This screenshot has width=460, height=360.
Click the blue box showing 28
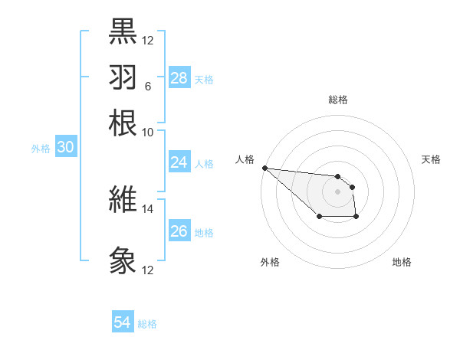pyautogui.click(x=179, y=77)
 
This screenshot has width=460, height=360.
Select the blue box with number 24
pyautogui.click(x=179, y=162)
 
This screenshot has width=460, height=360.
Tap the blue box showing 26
pyautogui.click(x=179, y=231)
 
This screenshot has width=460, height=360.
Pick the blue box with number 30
pyautogui.click(x=65, y=148)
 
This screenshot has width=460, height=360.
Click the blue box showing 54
pyautogui.click(x=123, y=322)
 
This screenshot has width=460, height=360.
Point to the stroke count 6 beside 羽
pyautogui.click(x=147, y=87)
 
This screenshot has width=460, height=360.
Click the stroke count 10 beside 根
pyautogui.click(x=147, y=132)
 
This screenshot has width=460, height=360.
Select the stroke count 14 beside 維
pyautogui.click(x=147, y=208)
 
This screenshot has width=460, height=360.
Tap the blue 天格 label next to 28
pyautogui.click(x=204, y=79)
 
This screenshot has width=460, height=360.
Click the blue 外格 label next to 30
pyautogui.click(x=41, y=149)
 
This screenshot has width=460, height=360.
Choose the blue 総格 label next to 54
pyautogui.click(x=147, y=324)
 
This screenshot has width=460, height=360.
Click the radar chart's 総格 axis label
pyautogui.click(x=338, y=100)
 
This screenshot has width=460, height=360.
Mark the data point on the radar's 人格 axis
pyautogui.click(x=264, y=168)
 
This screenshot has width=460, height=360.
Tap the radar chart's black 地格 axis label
pyautogui.click(x=402, y=263)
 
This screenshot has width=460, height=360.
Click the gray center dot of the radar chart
pyautogui.click(x=338, y=191)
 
